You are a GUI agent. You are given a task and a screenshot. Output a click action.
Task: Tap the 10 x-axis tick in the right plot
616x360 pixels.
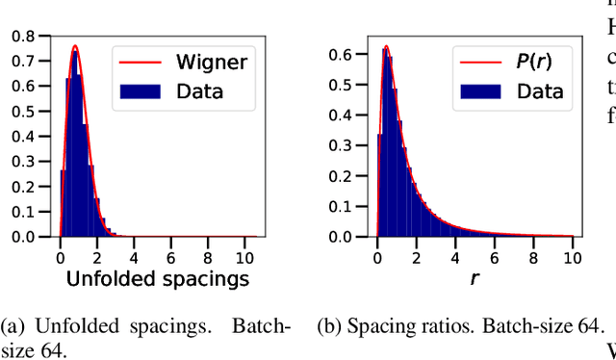click(x=571, y=256)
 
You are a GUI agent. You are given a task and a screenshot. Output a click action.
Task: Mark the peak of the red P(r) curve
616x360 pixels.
click(x=386, y=46)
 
